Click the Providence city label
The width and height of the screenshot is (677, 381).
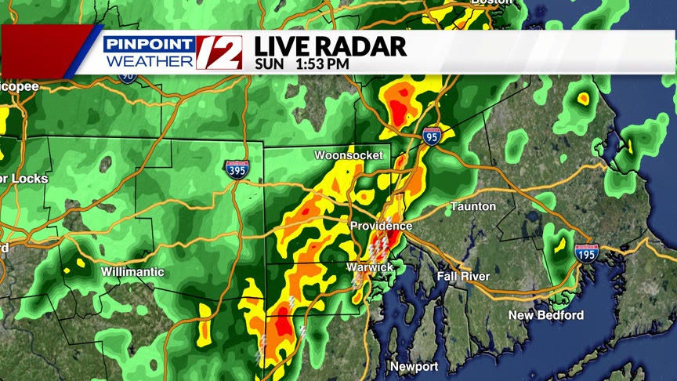[381, 226]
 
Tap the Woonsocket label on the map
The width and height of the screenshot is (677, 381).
[349, 155]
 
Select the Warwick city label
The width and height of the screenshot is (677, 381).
[370, 267]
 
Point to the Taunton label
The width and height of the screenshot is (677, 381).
[472, 206]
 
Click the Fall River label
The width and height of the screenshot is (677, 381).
[463, 276]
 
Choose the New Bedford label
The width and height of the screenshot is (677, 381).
[545, 315]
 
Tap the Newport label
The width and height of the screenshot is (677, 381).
[415, 367]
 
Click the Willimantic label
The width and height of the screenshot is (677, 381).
[132, 272]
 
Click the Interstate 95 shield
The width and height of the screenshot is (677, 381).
[432, 136]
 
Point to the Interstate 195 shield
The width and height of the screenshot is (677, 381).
[586, 252]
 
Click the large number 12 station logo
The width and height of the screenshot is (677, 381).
[219, 52]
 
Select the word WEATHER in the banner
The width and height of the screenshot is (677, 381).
[150, 60]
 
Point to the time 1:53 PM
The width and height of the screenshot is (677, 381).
[322, 65]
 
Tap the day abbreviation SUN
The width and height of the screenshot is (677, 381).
[270, 65]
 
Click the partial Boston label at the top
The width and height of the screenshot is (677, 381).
[491, 2]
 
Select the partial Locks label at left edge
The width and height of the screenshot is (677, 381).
[24, 179]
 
